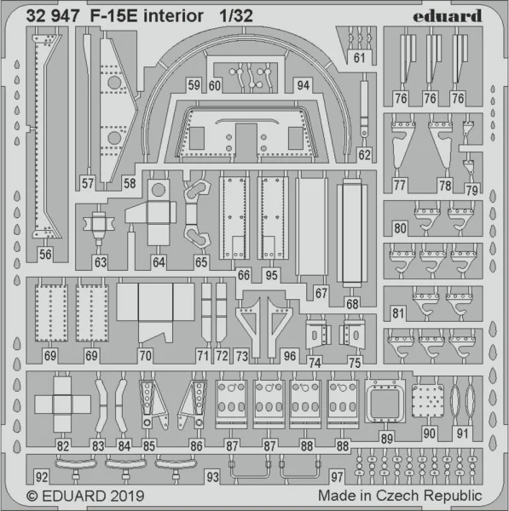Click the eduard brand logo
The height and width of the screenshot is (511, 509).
point(448,16)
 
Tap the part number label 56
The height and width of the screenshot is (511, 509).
point(45,254)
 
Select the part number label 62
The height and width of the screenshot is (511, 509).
point(364,155)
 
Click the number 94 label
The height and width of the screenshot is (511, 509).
point(304,85)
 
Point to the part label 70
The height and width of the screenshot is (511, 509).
point(146,355)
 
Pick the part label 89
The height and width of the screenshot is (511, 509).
point(386,439)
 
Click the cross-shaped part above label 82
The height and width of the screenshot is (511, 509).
point(62,405)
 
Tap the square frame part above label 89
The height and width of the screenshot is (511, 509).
point(385,401)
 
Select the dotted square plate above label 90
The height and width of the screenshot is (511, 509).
point(428,401)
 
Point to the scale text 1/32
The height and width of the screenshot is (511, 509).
point(236,15)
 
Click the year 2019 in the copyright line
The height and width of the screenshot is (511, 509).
point(127,496)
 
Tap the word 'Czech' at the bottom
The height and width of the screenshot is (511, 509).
point(397,496)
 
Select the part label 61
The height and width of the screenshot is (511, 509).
point(359,58)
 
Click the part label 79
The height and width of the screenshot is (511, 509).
point(471,190)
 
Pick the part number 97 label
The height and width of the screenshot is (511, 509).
point(337,477)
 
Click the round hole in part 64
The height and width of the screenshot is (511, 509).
point(159,190)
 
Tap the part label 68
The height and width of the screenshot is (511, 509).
point(352,304)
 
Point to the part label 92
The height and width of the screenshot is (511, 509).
point(42,477)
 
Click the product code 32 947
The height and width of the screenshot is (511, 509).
point(53,15)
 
